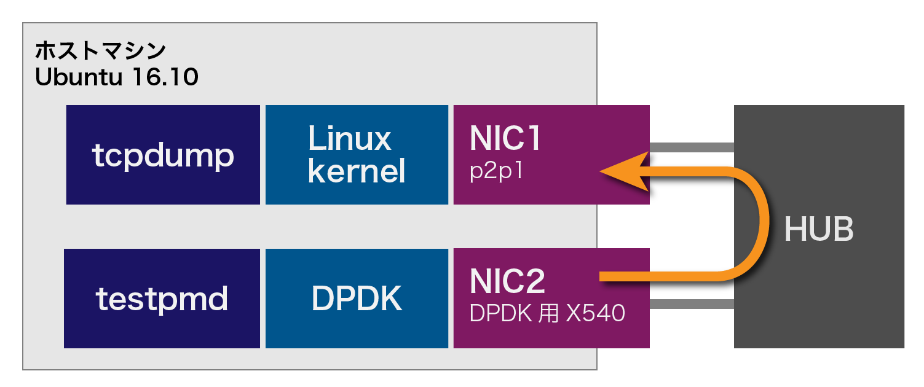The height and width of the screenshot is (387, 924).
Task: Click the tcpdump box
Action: coord(163,155)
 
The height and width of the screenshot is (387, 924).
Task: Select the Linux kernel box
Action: coord(357,155)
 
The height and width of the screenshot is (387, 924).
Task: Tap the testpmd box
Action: coord(162,299)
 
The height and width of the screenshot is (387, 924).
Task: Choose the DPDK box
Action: coord(357,299)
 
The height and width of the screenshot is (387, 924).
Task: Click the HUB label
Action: coord(819,230)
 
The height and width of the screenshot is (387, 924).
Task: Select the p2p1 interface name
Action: coord(496,171)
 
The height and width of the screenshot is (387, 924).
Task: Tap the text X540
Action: coord(596,314)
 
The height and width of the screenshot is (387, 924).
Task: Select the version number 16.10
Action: coord(165,78)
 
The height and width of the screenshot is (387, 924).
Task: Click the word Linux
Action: coord(349,139)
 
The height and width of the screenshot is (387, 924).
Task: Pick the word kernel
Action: coord(357,171)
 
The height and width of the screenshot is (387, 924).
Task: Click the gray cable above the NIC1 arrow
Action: coord(692,147)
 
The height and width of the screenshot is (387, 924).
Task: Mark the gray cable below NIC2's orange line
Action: coord(692,304)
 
